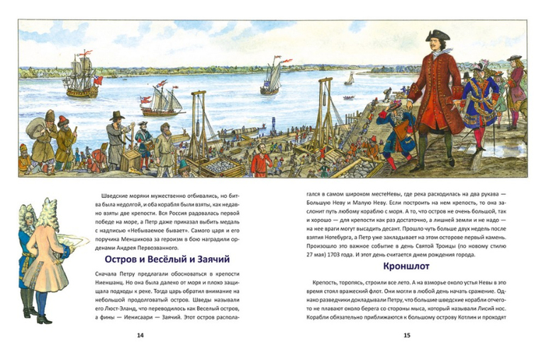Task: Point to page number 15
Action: point(406,335)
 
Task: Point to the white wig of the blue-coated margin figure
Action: point(24,213)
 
